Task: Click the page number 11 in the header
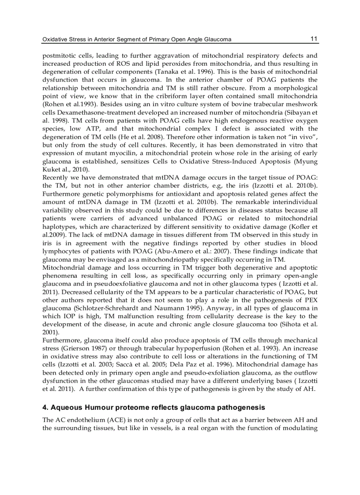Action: click(314, 39)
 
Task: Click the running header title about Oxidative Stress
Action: click(137, 39)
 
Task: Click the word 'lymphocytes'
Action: click(61, 251)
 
